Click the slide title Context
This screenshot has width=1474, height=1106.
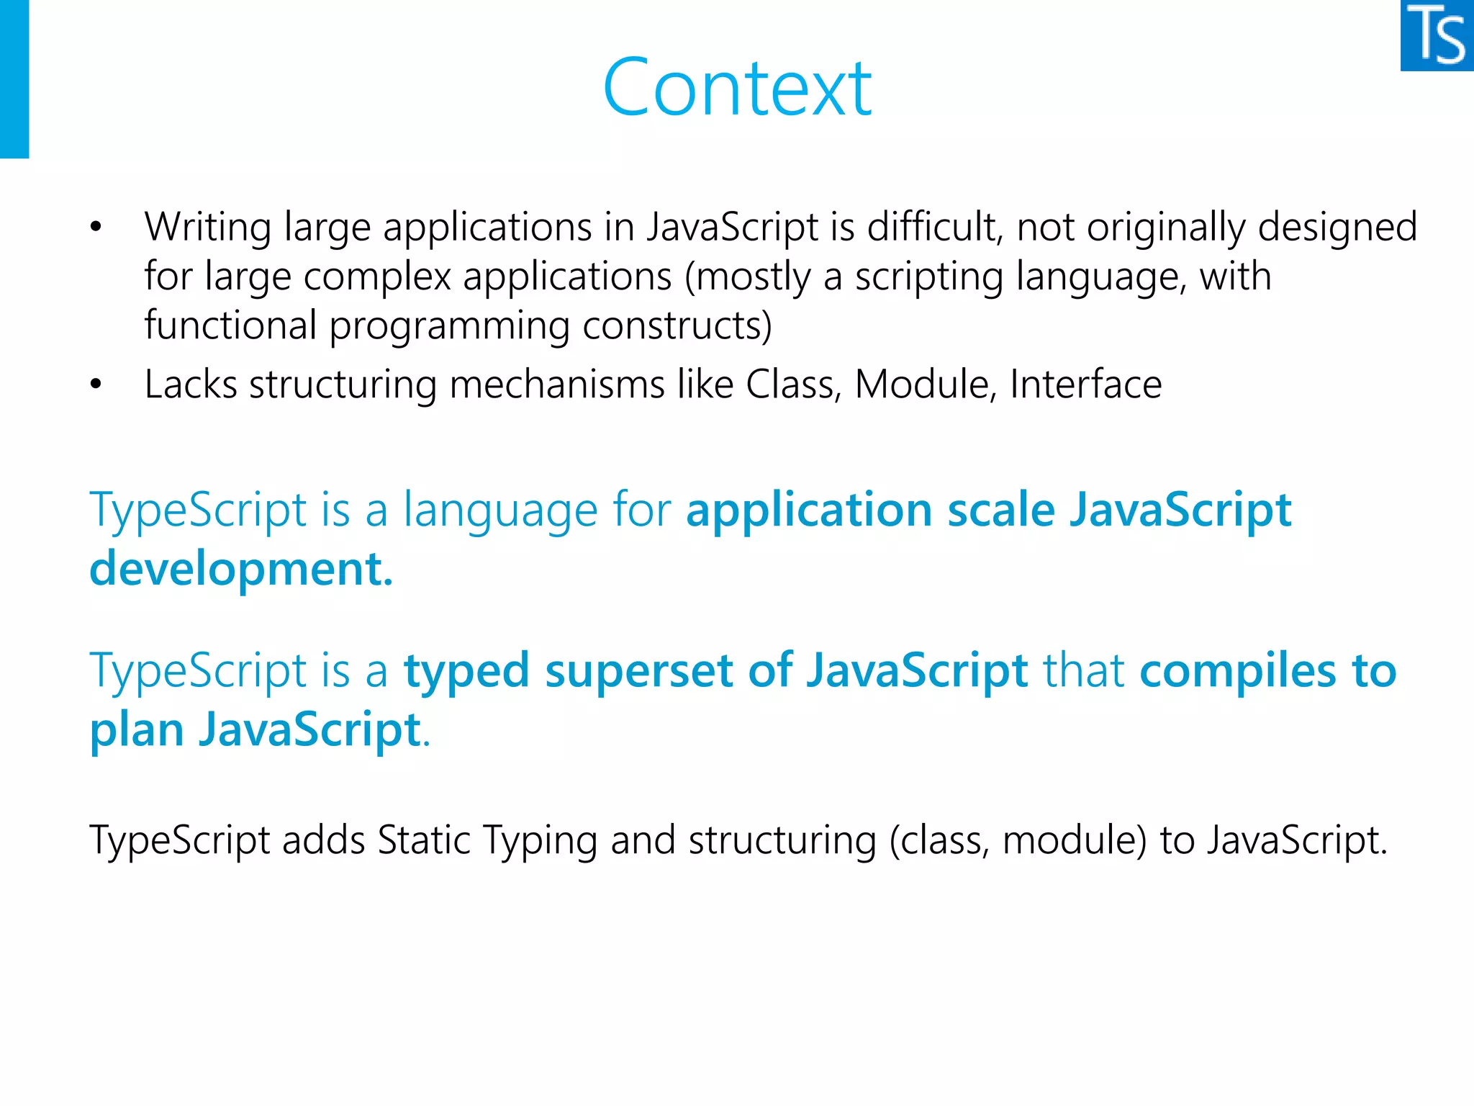pos(737,88)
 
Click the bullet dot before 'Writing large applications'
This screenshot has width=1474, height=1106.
pos(96,228)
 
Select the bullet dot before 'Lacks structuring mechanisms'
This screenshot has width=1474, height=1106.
pos(96,385)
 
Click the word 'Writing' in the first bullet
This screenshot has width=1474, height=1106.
pos(207,228)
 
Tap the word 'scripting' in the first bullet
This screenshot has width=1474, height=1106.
pos(928,277)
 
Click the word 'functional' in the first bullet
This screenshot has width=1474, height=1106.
pos(230,325)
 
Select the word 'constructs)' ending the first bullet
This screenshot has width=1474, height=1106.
pos(677,325)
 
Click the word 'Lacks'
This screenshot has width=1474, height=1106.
pos(191,385)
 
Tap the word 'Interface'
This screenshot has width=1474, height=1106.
pos(1085,385)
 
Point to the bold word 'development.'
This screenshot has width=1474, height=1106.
pos(241,569)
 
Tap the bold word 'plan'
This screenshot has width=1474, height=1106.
pos(137,730)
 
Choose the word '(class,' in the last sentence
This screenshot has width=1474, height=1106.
pos(939,840)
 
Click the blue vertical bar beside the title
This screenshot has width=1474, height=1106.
pos(14,79)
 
